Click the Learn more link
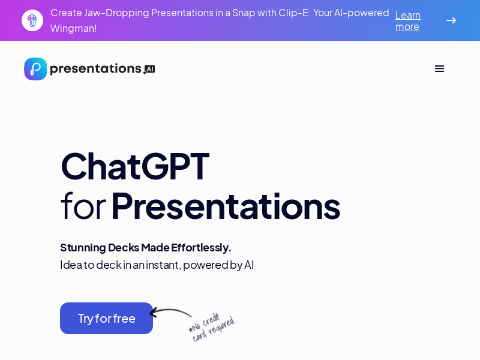click(408, 20)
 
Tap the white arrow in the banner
click(451, 20)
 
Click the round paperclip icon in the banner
click(32, 20)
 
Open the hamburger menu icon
click(439, 68)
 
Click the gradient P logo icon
click(35, 69)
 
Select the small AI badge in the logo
click(150, 69)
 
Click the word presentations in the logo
click(95, 69)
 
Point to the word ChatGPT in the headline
click(135, 166)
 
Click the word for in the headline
click(83, 206)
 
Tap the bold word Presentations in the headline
click(225, 206)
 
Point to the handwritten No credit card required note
click(211, 328)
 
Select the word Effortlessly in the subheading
click(201, 247)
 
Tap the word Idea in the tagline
click(71, 265)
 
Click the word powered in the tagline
click(205, 265)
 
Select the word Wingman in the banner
click(73, 28)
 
